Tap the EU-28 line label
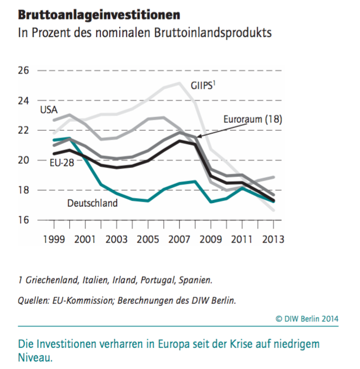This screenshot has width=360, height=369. click(x=61, y=163)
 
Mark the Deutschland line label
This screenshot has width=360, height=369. click(x=92, y=203)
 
